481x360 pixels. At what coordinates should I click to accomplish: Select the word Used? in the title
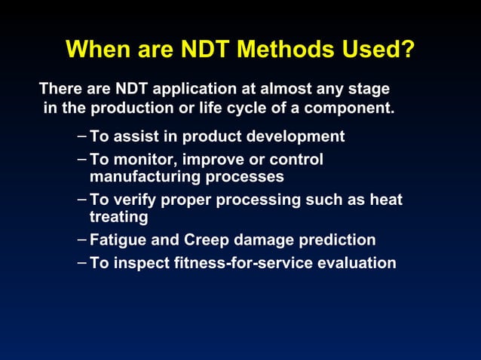378,50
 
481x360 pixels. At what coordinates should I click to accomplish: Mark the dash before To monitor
81,160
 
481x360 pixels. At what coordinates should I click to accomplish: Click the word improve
212,160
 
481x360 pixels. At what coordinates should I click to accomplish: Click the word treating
118,217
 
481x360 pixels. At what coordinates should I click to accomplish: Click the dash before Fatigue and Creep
81,240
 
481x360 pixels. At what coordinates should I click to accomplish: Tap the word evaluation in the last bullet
357,263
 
